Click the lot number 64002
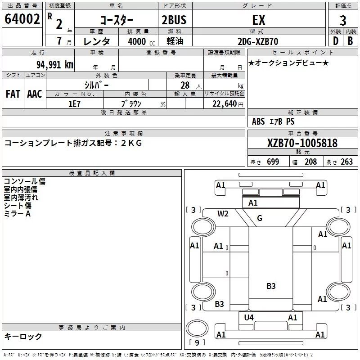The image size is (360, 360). (x=22, y=19)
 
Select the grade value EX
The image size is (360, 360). (x=259, y=20)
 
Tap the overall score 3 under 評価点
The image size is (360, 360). (x=343, y=20)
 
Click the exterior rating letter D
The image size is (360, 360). (x=335, y=41)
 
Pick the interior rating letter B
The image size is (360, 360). (x=350, y=41)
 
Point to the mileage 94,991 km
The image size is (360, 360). (x=55, y=65)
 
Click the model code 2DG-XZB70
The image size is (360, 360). (x=258, y=41)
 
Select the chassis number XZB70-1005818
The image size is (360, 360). (x=302, y=143)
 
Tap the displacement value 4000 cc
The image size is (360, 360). (x=141, y=41)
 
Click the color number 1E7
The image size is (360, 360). (x=74, y=104)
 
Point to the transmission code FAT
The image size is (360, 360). (x=13, y=94)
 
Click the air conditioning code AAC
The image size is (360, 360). (x=35, y=94)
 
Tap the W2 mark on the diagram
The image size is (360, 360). (x=223, y=213)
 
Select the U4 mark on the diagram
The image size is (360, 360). (x=249, y=318)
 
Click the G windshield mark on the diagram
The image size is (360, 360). (x=260, y=218)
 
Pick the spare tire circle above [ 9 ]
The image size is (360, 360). (x=197, y=328)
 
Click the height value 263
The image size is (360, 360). (x=346, y=162)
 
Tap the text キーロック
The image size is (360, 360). (x=23, y=336)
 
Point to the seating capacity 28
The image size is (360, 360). (x=185, y=85)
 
